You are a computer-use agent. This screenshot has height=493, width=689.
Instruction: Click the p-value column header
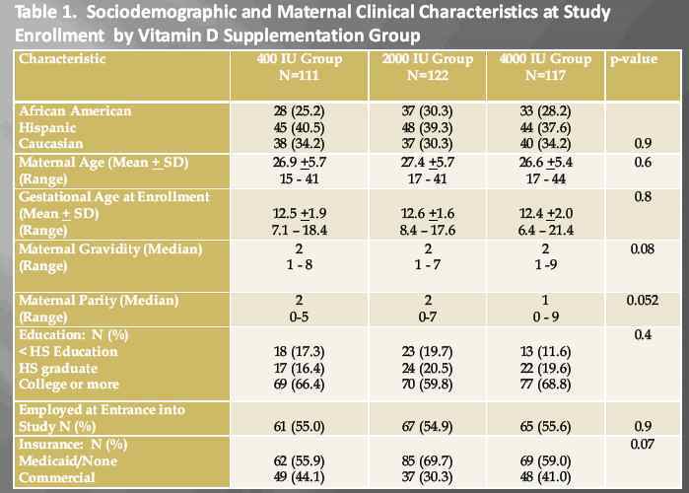click(633, 59)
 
